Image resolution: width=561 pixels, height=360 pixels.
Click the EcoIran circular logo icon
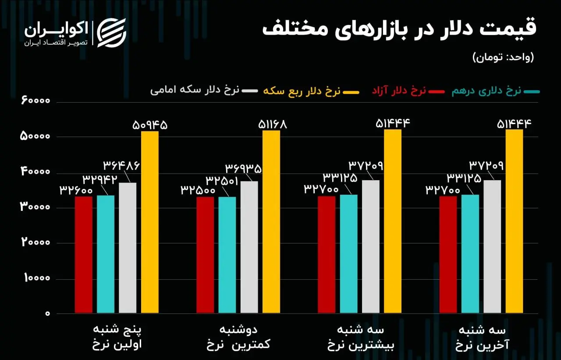click(111, 32)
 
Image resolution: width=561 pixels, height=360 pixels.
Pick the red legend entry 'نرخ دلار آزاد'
click(399, 91)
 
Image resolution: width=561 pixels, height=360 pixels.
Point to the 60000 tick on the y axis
click(36, 101)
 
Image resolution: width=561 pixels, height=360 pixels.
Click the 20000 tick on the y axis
click(36, 243)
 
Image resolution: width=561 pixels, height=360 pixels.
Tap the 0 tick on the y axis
click(47, 314)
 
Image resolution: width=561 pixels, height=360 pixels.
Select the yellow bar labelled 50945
click(149, 222)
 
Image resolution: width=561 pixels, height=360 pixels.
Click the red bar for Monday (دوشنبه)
click(205, 255)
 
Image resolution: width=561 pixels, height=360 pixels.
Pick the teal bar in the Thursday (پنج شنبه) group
click(106, 254)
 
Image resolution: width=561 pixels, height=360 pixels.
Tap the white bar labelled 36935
click(249, 247)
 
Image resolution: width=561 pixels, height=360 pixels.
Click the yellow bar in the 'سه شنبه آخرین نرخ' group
click(514, 221)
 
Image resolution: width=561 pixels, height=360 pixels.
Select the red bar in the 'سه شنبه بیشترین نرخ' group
click(327, 254)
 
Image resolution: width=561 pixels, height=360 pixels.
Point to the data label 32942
click(99, 179)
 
